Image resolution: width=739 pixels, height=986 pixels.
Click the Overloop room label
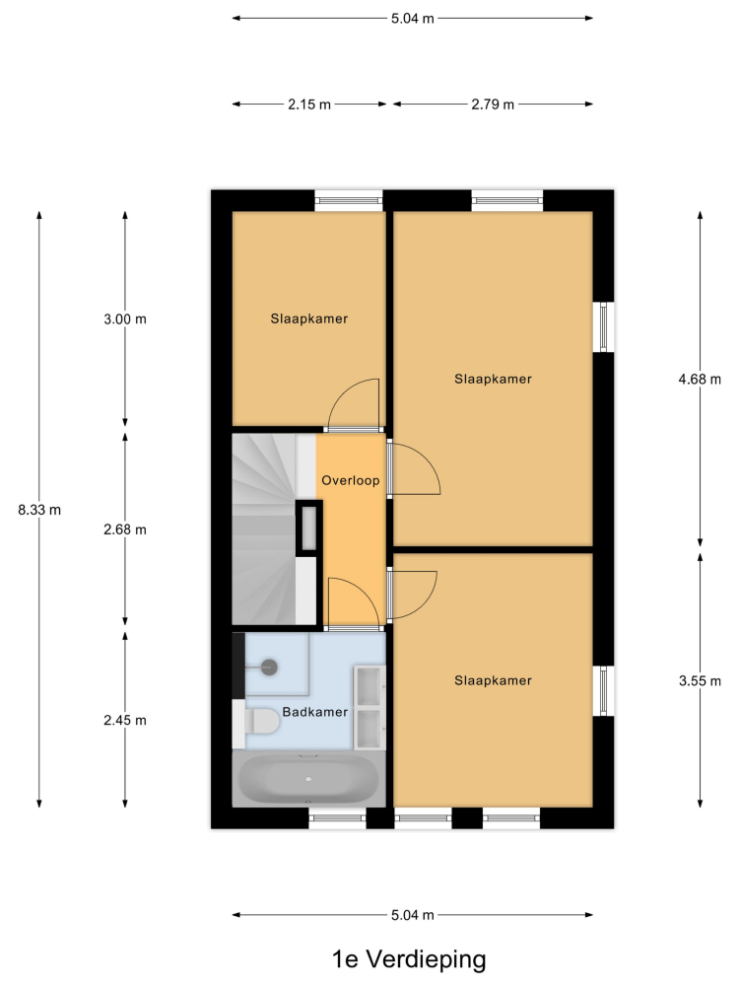350,480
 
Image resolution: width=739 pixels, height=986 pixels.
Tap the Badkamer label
315,712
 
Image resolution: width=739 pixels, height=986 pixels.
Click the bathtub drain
308,779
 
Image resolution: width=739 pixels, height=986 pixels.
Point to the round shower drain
269,668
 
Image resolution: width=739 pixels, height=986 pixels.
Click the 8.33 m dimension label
39,510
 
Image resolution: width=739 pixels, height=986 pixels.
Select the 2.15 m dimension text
309,105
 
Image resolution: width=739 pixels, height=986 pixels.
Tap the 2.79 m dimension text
493,105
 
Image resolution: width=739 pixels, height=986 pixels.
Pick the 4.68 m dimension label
700,380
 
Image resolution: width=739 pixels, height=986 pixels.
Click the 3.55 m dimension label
700,681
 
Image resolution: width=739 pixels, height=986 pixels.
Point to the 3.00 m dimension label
125,319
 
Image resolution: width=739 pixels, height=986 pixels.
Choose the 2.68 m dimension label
125,530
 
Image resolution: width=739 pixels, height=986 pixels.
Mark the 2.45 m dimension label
125,721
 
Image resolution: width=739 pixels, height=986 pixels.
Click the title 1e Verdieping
409,959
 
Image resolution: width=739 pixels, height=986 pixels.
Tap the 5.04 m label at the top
412,18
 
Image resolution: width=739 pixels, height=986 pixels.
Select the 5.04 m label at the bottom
412,915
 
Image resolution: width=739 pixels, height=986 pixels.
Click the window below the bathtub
337,818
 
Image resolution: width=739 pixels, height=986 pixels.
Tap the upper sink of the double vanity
369,686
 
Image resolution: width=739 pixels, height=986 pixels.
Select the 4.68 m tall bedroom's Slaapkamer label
493,380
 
